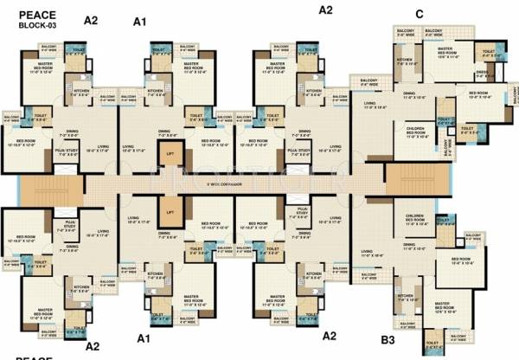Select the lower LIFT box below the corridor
pos(170,210)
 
